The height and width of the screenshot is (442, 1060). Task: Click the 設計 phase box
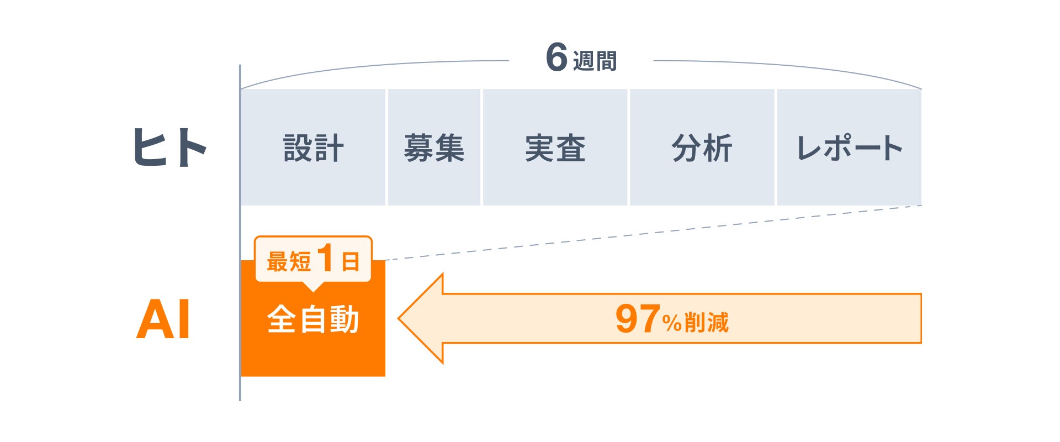click(x=313, y=148)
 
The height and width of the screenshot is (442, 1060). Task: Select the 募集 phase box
click(x=434, y=148)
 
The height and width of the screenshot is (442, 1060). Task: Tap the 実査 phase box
click(x=555, y=148)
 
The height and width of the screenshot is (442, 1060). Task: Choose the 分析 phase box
click(x=702, y=148)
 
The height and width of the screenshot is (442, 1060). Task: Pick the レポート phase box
click(x=849, y=148)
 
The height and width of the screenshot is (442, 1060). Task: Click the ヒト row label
click(x=169, y=148)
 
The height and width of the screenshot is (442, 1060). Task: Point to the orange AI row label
click(x=163, y=319)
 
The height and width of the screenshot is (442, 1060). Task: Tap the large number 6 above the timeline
click(x=556, y=57)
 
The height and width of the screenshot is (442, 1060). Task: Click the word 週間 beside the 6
click(x=595, y=61)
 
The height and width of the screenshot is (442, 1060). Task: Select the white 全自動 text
click(x=313, y=319)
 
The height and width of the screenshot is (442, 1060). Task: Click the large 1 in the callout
click(x=326, y=258)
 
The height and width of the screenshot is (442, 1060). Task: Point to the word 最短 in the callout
click(x=288, y=261)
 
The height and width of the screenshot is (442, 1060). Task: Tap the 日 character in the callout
click(x=351, y=261)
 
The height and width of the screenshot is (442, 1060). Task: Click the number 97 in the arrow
click(x=637, y=319)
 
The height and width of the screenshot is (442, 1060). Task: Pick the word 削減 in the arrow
click(x=707, y=322)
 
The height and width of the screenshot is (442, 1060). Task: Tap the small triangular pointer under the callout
click(x=313, y=286)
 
